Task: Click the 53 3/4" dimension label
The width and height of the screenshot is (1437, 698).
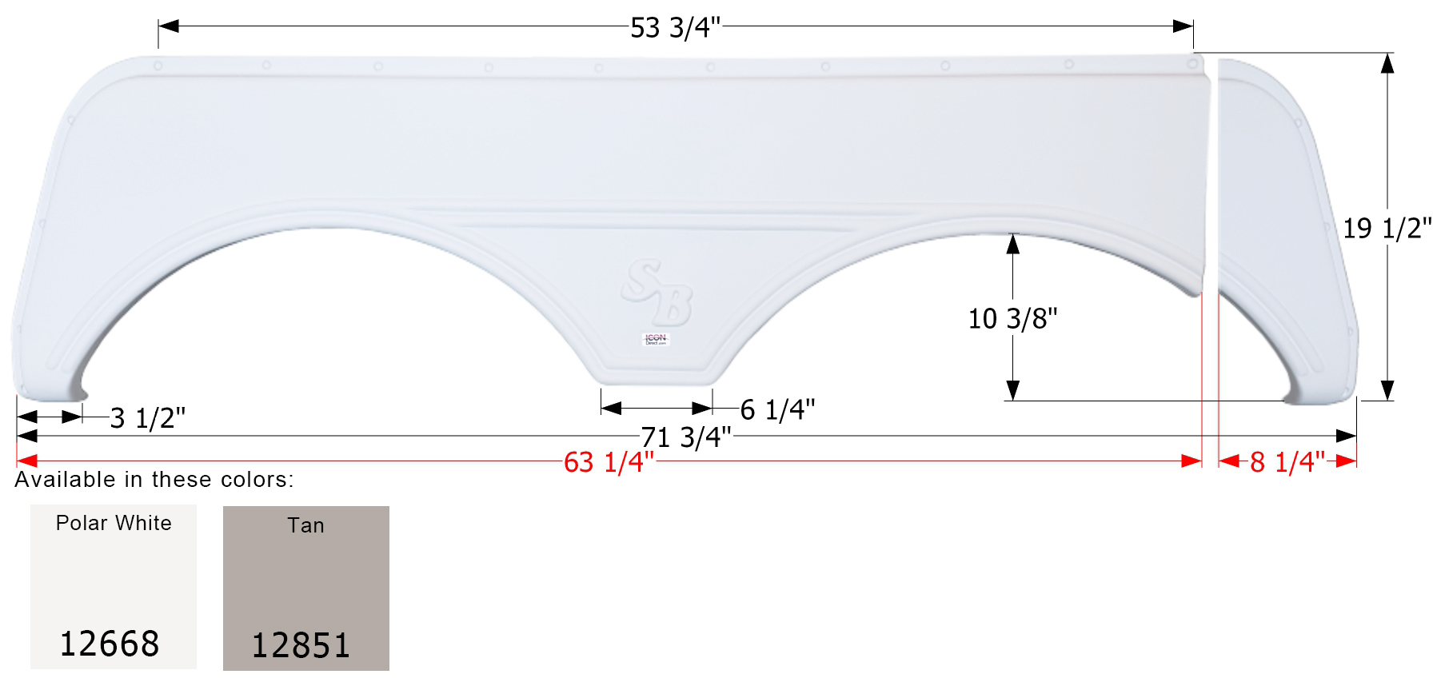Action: click(675, 28)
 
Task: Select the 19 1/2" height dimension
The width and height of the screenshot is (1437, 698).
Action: click(1387, 229)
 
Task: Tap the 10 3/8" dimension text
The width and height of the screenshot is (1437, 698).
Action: click(1012, 319)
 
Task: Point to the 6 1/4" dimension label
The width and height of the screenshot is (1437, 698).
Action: click(777, 410)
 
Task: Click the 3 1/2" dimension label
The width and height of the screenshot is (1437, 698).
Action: click(147, 418)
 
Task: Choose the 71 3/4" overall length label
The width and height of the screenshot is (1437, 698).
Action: click(686, 437)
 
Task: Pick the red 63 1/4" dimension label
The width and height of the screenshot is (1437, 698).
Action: click(609, 463)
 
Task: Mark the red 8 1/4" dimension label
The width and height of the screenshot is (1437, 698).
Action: click(1287, 462)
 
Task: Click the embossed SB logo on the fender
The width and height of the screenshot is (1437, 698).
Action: click(657, 291)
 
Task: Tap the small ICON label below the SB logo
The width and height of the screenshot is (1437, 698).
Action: click(656, 339)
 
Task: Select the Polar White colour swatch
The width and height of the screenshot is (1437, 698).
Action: click(114, 586)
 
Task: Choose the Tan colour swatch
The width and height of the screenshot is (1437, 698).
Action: click(306, 588)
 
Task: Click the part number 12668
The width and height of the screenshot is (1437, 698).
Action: click(110, 644)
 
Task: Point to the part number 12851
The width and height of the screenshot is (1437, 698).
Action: click(301, 645)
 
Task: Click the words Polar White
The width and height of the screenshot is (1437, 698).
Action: click(114, 523)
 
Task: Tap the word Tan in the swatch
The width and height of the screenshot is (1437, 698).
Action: click(306, 525)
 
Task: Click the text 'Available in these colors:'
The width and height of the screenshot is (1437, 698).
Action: click(154, 480)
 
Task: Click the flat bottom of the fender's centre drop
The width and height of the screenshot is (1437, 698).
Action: click(656, 380)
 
